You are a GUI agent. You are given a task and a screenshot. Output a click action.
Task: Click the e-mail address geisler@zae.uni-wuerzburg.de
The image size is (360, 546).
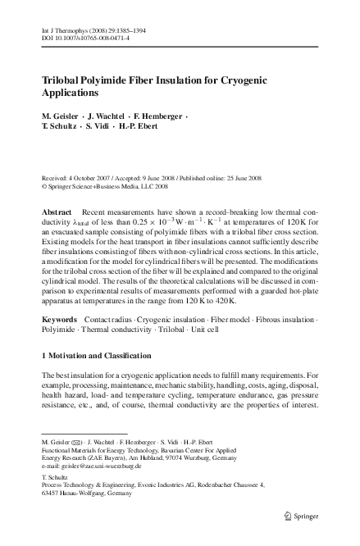[91, 465]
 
